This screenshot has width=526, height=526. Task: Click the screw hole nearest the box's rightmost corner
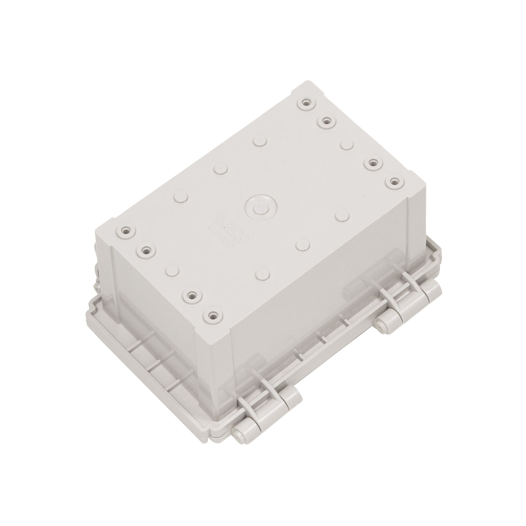393,182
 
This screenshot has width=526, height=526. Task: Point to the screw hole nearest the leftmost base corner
127,231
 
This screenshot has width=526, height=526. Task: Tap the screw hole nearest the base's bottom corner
212,315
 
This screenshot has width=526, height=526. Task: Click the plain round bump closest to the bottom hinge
261,275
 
